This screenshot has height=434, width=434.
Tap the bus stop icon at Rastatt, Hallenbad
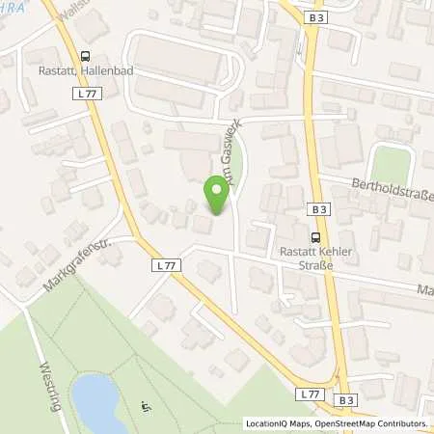click(87, 56)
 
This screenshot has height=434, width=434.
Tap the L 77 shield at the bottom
click(310, 394)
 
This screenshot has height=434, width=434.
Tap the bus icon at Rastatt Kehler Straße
click(314, 236)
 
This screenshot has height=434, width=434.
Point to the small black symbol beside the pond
click(147, 404)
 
